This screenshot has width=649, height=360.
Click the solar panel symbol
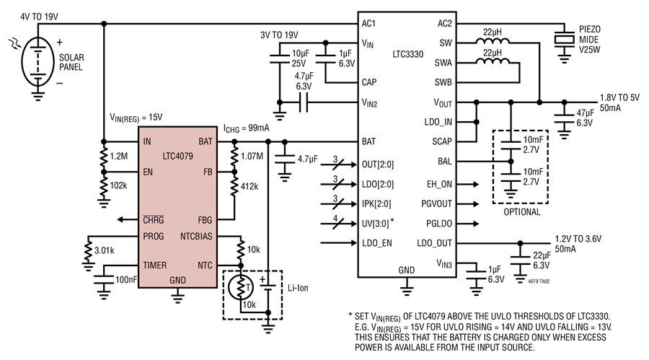coord(37,61)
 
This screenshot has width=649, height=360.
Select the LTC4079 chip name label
coord(177,156)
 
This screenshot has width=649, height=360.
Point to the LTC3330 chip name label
coord(407,54)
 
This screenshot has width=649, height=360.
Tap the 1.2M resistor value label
coord(119,156)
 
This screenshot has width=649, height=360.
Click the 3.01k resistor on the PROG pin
coord(88,251)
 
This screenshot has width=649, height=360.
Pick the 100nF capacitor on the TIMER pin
coord(103,280)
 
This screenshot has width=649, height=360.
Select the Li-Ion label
coord(298,288)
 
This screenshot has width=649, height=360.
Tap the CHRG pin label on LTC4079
coord(153,220)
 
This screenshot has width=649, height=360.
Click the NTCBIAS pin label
coord(196,237)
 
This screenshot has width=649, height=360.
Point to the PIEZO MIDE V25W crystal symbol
coord(564,40)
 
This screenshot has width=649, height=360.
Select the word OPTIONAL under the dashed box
coord(522,212)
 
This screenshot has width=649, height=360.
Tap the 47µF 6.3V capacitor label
coord(586,118)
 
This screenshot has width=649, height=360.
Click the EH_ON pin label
coord(440,185)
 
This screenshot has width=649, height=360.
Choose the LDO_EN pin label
coord(376,243)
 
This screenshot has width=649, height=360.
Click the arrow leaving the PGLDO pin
coord(468,224)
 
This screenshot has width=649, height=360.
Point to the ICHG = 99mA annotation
coord(247,128)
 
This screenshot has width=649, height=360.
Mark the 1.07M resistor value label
coord(252,156)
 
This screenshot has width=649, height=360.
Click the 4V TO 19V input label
coord(40,17)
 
